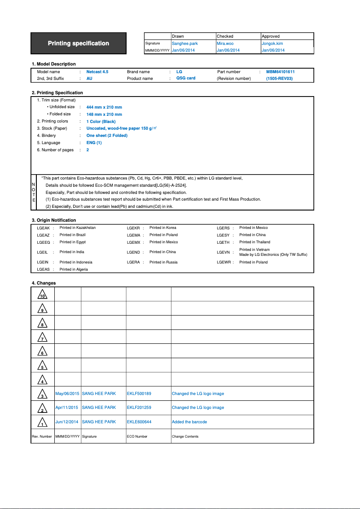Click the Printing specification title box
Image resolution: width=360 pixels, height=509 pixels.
point(79,44)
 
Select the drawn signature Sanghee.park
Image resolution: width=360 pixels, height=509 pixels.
point(184,44)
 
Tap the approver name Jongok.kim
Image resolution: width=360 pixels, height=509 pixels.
point(272,44)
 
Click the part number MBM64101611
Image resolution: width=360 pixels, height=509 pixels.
point(280,72)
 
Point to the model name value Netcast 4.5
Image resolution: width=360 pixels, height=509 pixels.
point(97,72)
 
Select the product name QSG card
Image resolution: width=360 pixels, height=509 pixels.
point(185,78)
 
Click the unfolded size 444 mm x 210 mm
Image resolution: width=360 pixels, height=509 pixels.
point(104,107)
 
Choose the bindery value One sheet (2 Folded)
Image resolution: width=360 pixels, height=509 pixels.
point(107,136)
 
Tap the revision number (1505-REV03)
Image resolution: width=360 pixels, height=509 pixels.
point(279,79)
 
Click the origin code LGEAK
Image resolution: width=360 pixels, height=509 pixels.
point(43,228)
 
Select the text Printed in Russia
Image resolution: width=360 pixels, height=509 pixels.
point(163,262)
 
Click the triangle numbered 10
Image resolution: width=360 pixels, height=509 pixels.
point(42,294)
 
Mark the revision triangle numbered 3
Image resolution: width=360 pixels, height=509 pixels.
point(42,394)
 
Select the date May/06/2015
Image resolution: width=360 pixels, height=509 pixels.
point(67,394)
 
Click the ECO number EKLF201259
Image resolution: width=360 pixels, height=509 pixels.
point(139,408)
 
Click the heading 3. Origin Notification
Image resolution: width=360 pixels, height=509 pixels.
point(54,220)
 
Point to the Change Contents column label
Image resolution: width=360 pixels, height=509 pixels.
point(185,436)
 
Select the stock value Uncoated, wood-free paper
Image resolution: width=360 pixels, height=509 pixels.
point(118,128)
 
